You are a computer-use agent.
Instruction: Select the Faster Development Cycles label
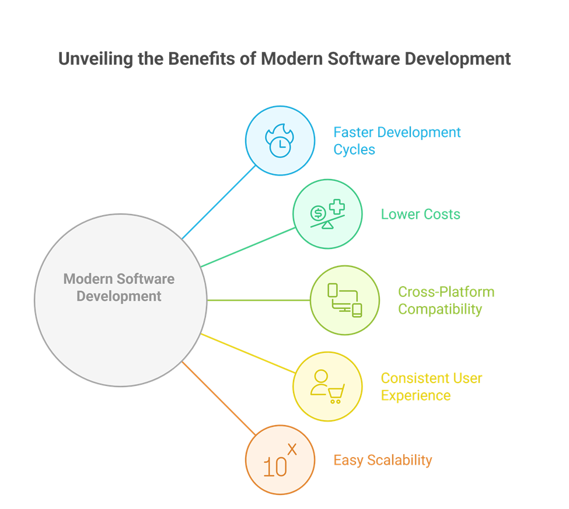click(397, 141)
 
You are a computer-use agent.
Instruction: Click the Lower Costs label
click(420, 214)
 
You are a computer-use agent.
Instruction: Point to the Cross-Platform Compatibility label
click(446, 300)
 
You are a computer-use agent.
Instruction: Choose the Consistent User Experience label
click(431, 387)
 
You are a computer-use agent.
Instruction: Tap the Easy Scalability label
click(382, 460)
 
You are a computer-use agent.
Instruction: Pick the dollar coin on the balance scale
click(319, 212)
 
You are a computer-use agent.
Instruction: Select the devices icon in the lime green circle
click(344, 300)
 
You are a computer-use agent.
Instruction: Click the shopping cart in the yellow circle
click(336, 394)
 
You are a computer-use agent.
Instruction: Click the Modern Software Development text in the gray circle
click(119, 287)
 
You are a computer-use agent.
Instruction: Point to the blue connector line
click(219, 202)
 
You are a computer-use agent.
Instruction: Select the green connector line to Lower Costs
click(248, 247)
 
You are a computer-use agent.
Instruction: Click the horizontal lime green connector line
click(258, 300)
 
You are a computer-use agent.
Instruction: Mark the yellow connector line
click(248, 353)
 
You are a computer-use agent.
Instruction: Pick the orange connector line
click(219, 398)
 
